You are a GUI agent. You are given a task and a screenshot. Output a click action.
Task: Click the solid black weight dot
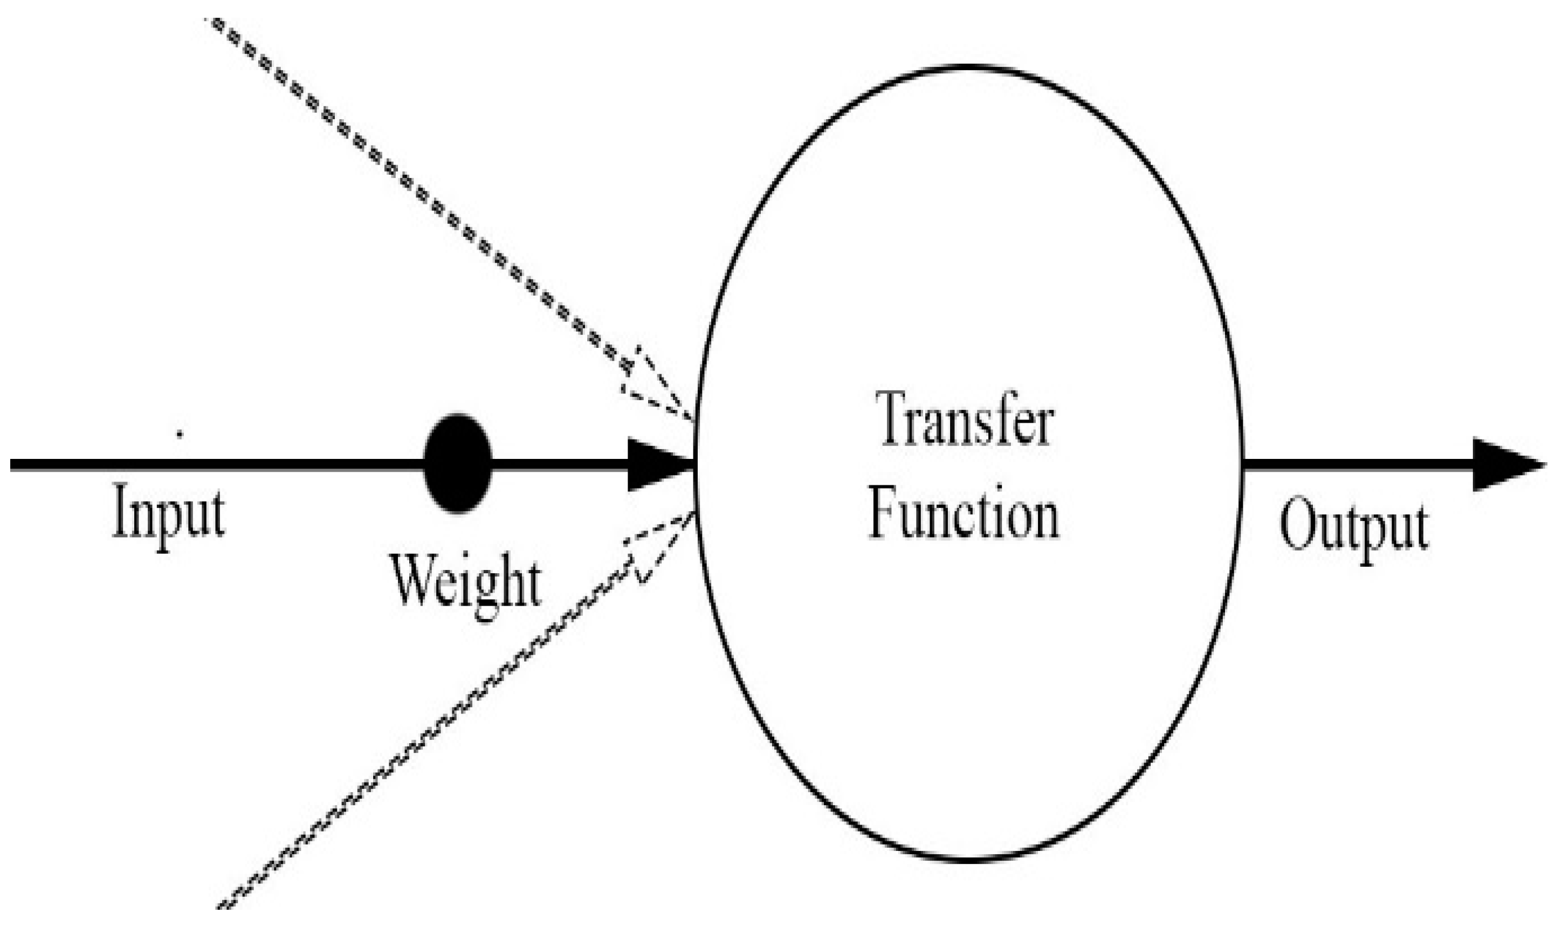pyautogui.click(x=458, y=464)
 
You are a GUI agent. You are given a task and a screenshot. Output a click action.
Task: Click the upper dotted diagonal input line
pyautogui.click(x=412, y=188)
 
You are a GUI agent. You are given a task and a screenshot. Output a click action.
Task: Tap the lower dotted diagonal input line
pyautogui.click(x=425, y=737)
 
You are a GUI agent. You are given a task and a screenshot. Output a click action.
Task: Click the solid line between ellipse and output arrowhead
pyautogui.click(x=1355, y=465)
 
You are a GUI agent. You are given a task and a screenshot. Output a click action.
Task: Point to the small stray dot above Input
pyautogui.click(x=180, y=433)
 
